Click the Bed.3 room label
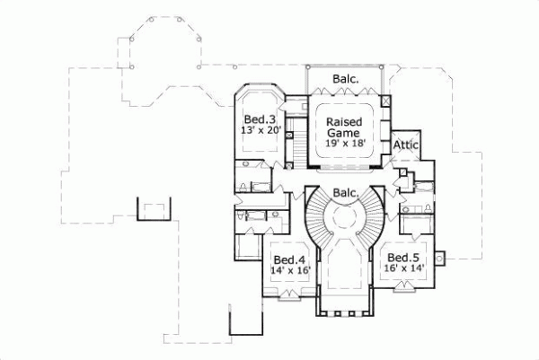261,119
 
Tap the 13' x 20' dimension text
261,131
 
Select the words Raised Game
344,127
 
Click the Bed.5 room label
405,255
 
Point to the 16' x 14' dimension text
406,268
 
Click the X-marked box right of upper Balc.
385,101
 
